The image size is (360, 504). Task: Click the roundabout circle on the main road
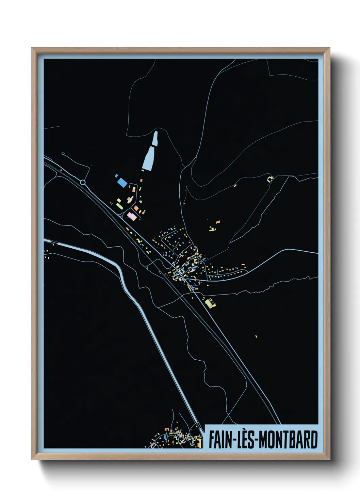tap(83, 183)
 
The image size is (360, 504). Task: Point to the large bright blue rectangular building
tap(122, 183)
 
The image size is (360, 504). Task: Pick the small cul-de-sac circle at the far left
tap(63, 154)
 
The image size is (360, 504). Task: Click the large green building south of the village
tap(209, 302)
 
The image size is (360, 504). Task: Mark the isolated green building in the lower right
tap(256, 336)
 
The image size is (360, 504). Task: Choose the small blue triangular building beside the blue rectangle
tap(116, 175)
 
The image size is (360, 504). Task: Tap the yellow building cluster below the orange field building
tap(212, 229)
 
